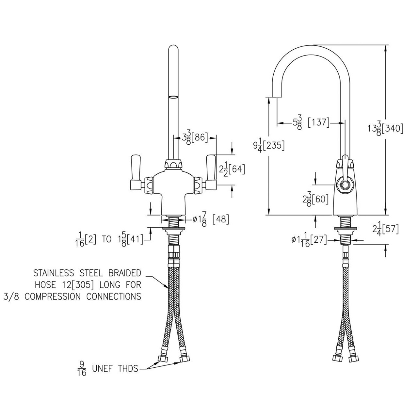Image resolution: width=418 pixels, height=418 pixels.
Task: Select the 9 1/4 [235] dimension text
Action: (268, 146)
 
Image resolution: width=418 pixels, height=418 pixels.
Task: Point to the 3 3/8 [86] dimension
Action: (195, 138)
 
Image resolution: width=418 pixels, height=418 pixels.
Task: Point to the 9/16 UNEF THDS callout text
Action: (108, 369)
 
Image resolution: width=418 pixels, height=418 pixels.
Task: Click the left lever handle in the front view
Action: (135, 172)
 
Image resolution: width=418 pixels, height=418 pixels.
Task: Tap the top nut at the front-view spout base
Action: (173, 164)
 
